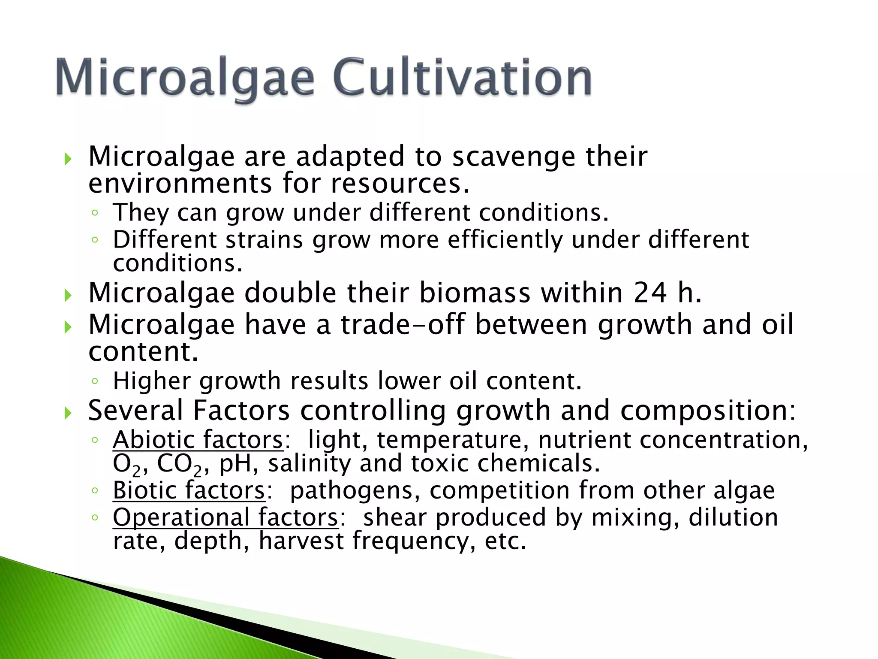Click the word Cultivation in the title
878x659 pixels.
tap(462, 78)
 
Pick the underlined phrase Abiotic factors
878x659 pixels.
tap(198, 440)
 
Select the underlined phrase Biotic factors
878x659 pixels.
tap(189, 490)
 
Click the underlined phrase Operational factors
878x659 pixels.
tap(226, 517)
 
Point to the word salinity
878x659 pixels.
tap(309, 464)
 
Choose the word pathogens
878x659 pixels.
tap(351, 490)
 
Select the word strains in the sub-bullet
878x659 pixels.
tap(264, 239)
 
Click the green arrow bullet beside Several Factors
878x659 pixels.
tap(68, 413)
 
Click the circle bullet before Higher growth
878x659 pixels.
tap(95, 381)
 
